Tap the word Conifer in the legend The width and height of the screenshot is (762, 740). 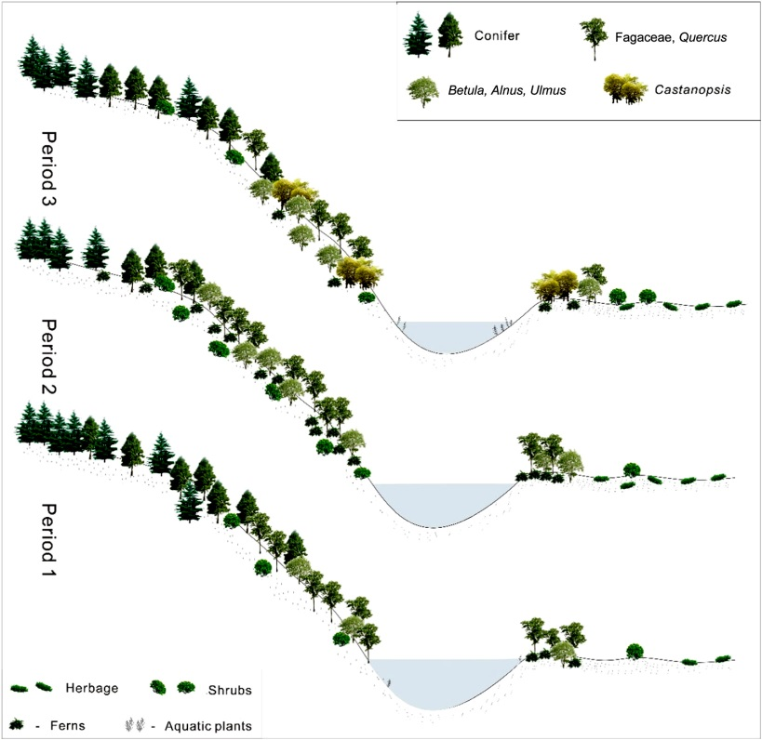coord(495,36)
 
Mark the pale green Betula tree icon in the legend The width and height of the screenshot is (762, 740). coord(423,91)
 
